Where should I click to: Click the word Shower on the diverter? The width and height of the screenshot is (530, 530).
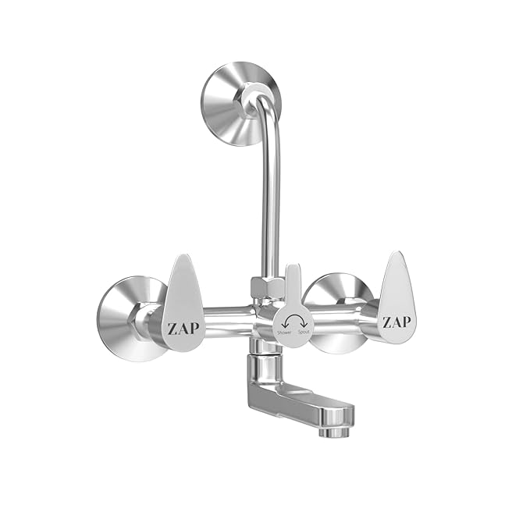284,333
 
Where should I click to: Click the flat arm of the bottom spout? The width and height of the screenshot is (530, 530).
301,406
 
